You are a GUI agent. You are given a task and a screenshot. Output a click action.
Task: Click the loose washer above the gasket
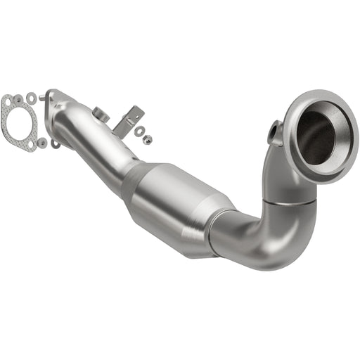point(32,96)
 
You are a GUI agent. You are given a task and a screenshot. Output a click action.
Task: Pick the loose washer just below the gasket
point(42,143)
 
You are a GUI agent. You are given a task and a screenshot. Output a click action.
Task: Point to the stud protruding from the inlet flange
point(56,145)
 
